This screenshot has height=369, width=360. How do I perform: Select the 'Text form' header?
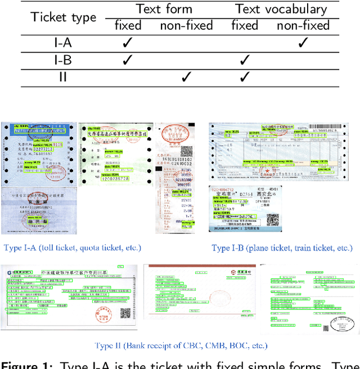pos(164,9)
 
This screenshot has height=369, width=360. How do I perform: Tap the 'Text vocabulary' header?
pos(281,9)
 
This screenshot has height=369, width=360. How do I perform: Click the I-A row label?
pos(62,42)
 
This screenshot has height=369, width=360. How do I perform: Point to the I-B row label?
pos(62,60)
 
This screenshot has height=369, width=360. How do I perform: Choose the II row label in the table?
pos(62,77)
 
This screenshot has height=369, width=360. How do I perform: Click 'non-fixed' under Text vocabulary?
pos(303,26)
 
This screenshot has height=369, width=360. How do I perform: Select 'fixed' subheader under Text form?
pos(128,26)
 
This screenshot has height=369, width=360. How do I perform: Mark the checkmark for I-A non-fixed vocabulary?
pos(303,42)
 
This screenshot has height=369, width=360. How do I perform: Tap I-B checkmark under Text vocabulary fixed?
pos(245,60)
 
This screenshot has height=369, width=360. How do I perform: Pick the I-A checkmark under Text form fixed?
pos(128,42)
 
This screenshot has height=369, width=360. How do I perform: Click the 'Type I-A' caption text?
pos(73,247)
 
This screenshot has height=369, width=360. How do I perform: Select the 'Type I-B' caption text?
pos(282,247)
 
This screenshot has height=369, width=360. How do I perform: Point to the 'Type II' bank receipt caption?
pos(181,345)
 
